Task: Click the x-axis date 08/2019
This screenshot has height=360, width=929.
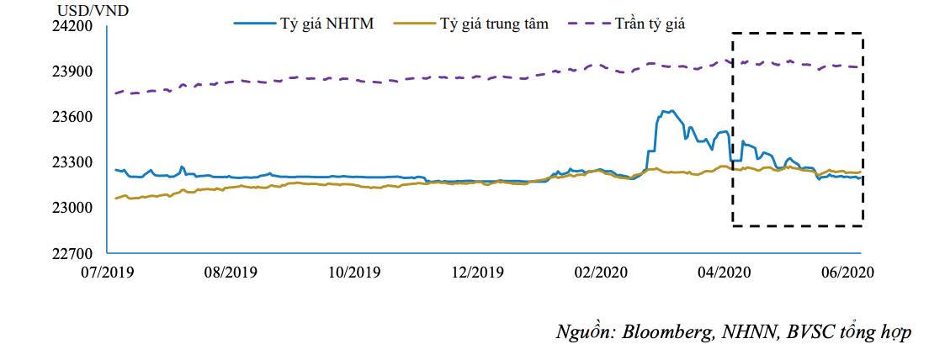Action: click(x=231, y=273)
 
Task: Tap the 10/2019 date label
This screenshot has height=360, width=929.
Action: click(x=353, y=273)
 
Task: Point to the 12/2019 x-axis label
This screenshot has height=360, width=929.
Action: click(x=477, y=273)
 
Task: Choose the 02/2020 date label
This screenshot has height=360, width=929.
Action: click(x=600, y=273)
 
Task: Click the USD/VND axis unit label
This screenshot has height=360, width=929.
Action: click(x=82, y=10)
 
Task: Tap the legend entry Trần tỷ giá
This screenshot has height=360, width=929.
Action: click(x=649, y=24)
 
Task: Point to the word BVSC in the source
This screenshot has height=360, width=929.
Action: click(x=811, y=331)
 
